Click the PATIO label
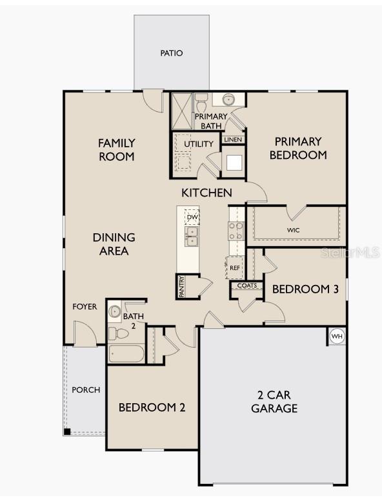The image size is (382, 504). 172,53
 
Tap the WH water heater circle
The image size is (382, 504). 337,337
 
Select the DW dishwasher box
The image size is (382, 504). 192,217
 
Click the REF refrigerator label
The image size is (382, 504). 235,268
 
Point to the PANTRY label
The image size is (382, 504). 181,287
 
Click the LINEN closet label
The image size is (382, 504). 233,140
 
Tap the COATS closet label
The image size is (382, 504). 247,286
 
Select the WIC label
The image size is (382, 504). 293,230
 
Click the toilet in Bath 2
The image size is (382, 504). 118,333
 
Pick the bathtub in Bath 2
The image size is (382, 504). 126,353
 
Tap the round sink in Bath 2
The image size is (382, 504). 114,311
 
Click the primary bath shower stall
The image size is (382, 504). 182,111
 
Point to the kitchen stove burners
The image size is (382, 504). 236,231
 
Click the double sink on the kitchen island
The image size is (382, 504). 192,236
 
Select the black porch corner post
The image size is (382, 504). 66,432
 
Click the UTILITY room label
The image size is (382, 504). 199,144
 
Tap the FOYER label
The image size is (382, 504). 85,307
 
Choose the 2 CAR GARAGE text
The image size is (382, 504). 274,401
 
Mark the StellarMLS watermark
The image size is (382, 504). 350,252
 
